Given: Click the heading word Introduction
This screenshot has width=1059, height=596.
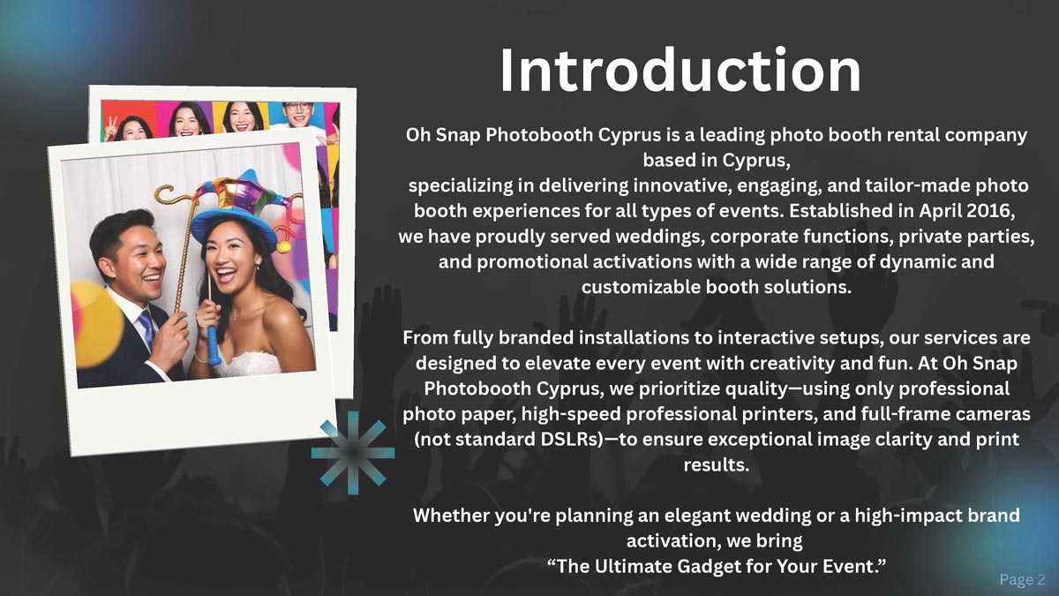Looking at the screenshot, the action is click(x=680, y=71).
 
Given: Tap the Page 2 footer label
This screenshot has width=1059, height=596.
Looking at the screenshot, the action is click(x=1022, y=579).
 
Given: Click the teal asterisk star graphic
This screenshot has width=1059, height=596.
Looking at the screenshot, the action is click(x=353, y=453).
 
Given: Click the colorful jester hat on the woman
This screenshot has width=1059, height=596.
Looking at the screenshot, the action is click(x=237, y=208).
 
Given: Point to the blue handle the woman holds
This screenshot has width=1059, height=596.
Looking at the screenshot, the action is click(x=214, y=345).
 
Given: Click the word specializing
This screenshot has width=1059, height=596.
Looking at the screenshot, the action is click(x=461, y=186).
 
